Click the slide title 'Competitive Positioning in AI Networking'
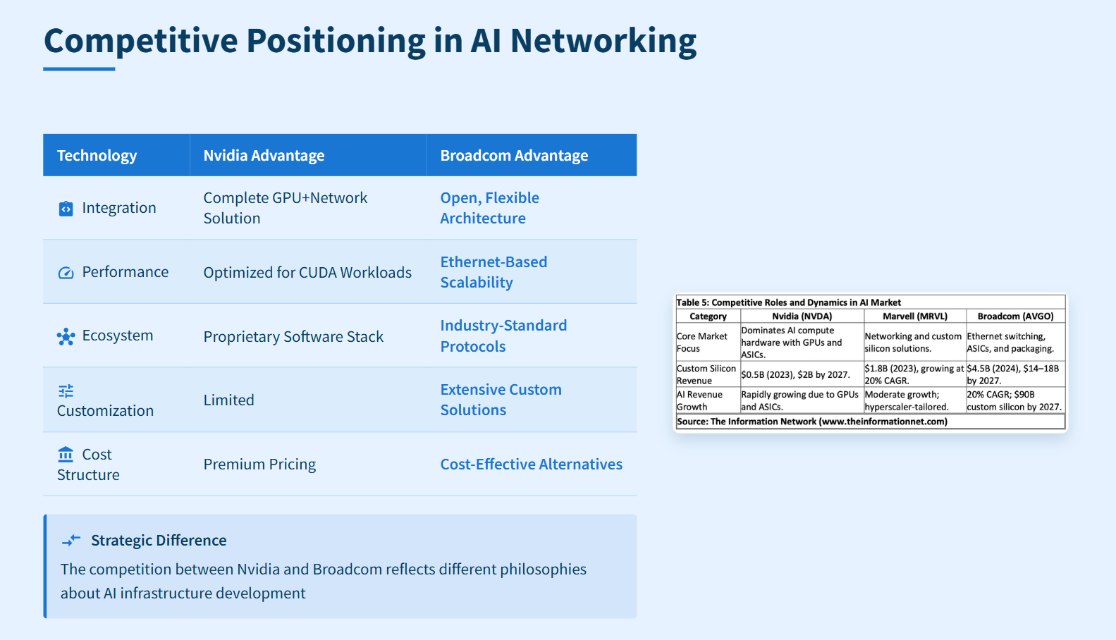369,41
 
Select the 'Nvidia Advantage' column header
264,156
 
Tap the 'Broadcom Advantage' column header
514,156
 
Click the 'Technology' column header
97,156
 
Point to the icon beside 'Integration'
66,209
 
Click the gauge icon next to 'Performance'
66,273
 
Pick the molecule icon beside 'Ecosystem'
66,336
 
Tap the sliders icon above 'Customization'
66,391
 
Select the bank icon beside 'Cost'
66,454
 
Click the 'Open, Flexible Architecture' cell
489,208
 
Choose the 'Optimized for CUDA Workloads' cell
307,273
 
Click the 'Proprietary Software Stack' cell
293,337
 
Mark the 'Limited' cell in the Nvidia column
228,400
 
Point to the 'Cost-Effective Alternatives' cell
531,464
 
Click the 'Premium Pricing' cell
259,464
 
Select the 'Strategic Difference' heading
159,541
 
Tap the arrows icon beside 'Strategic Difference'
71,541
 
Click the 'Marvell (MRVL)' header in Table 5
914,316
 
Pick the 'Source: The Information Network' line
811,421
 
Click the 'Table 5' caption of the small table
788,302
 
